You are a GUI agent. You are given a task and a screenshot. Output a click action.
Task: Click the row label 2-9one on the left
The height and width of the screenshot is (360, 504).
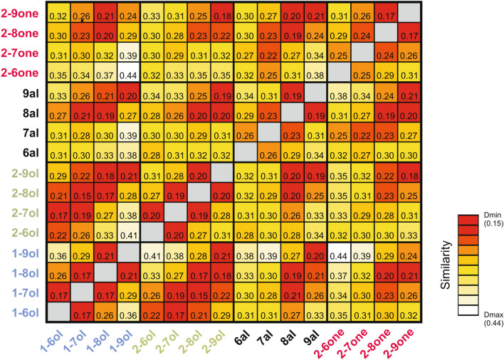pyautogui.click(x=19, y=14)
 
